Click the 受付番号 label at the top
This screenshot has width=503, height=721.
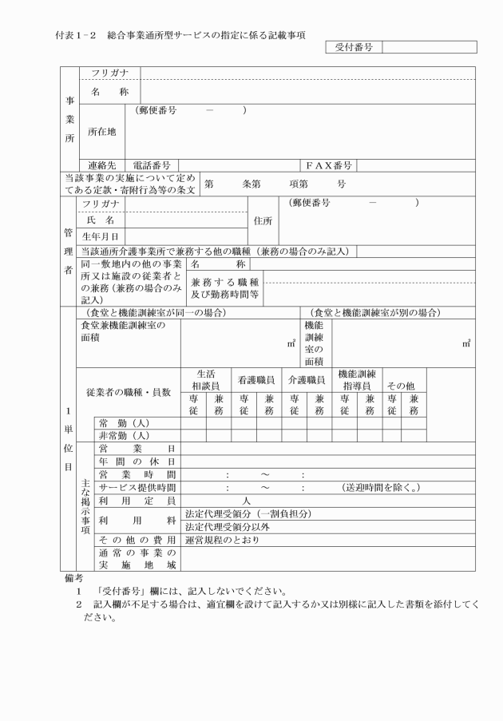coord(352,48)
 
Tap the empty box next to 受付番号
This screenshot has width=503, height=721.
coord(429,48)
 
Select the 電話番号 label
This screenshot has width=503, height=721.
coord(156,166)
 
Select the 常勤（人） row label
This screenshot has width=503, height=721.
coord(124,423)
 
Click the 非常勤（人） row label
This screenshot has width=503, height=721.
coord(124,436)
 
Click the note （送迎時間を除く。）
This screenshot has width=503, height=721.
coord(381,488)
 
